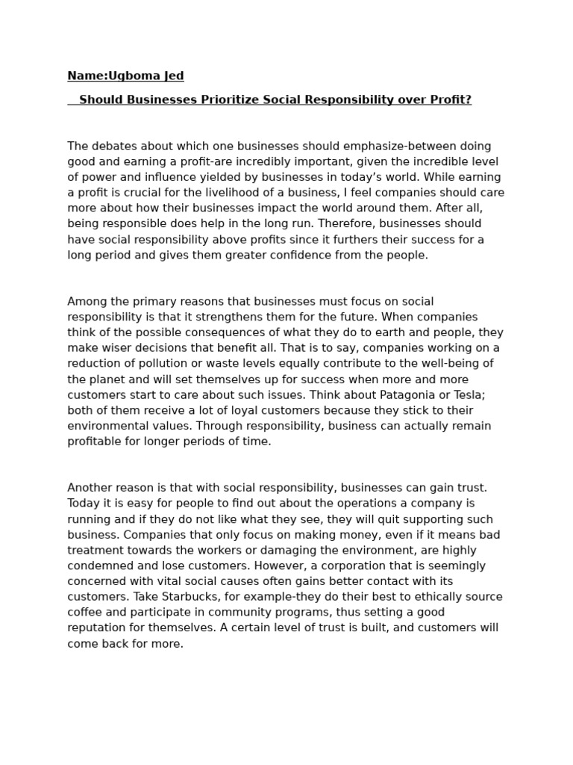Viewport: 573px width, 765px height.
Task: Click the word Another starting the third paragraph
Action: (90, 488)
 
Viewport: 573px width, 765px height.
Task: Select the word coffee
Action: (84, 612)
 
